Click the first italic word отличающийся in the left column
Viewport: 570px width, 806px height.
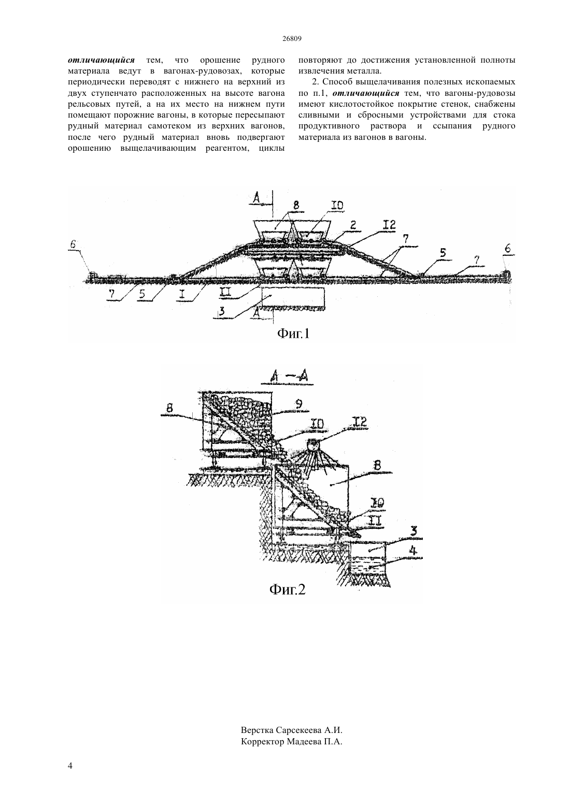[x=101, y=60]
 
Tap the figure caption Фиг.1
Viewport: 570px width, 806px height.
[x=293, y=334]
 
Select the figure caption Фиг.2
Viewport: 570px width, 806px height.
[x=287, y=589]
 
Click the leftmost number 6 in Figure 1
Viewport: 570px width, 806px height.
[x=73, y=244]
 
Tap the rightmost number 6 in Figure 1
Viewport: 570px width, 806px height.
[x=507, y=248]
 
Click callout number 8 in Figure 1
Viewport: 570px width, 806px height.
[x=296, y=205]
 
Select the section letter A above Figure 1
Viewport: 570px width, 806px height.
[x=256, y=197]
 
